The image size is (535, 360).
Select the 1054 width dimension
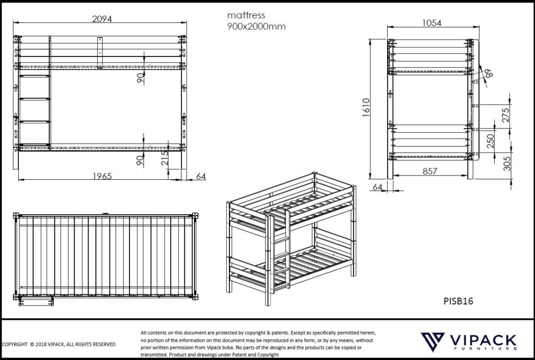pyautogui.click(x=431, y=23)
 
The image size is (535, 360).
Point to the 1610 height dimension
pyautogui.click(x=366, y=108)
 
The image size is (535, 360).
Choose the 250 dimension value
pyautogui.click(x=490, y=142)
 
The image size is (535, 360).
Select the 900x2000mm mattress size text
pyautogui.click(x=256, y=27)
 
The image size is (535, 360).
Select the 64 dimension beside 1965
pyautogui.click(x=201, y=176)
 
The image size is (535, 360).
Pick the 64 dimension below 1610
pyautogui.click(x=378, y=187)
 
